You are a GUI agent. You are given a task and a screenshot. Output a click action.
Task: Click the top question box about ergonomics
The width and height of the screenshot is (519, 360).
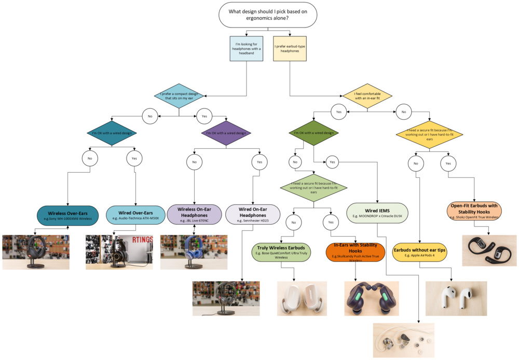pyautogui.click(x=268, y=15)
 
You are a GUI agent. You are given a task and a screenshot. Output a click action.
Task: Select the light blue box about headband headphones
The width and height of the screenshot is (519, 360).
pyautogui.click(x=246, y=49)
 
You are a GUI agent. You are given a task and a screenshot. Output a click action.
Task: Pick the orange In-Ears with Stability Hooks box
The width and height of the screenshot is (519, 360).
pyautogui.click(x=355, y=252)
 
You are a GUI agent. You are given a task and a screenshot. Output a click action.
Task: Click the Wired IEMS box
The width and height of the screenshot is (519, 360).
pyautogui.click(x=377, y=213)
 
